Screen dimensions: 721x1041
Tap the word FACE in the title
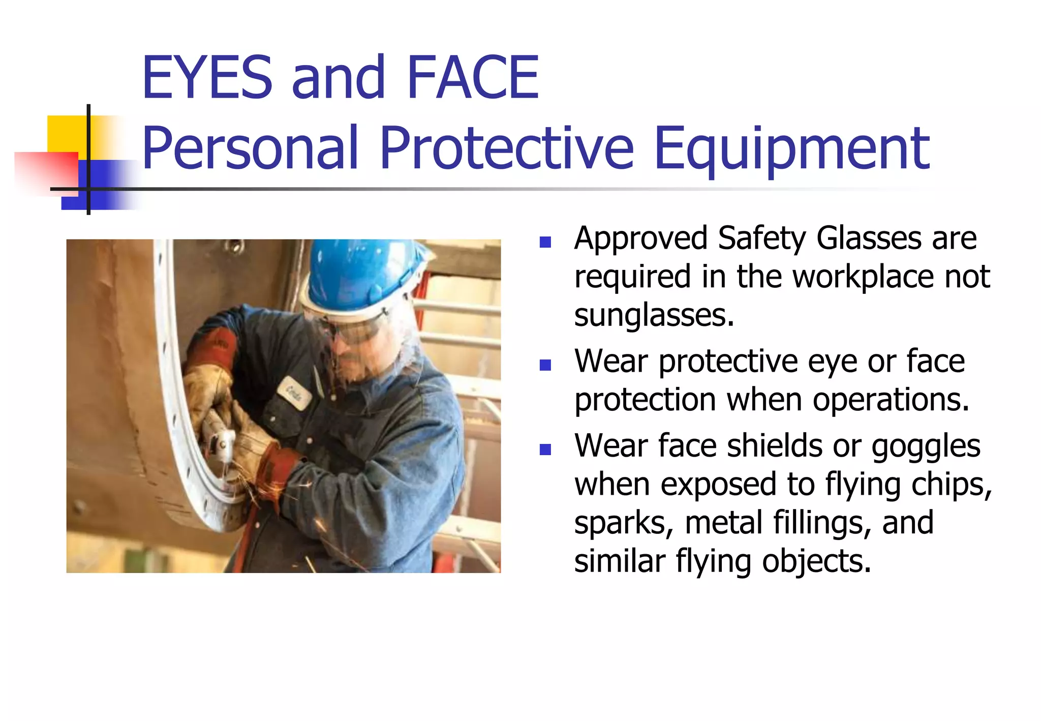point(473,78)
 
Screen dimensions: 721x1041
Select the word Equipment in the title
point(792,148)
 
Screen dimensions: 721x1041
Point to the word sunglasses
point(654,315)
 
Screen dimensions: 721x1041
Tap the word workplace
point(863,277)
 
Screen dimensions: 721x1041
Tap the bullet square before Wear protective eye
point(545,365)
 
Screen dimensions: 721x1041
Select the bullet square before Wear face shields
point(545,449)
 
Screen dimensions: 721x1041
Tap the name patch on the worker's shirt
point(294,393)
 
